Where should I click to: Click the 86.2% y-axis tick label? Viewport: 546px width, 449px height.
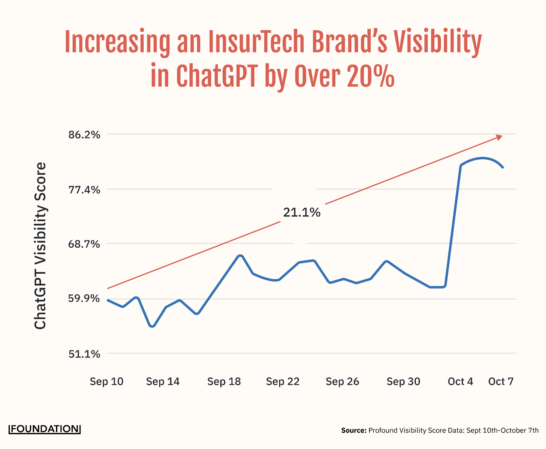(x=84, y=135)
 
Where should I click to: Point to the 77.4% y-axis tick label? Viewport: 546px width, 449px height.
(x=84, y=190)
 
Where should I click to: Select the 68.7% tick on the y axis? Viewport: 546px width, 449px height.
(x=84, y=244)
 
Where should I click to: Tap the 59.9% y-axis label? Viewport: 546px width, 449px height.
(x=84, y=298)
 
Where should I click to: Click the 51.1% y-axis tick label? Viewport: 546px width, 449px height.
(x=84, y=354)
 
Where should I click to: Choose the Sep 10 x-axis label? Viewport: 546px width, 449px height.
(x=107, y=381)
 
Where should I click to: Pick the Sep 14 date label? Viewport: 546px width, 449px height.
(x=163, y=381)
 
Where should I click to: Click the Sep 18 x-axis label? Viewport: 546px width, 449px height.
(x=224, y=381)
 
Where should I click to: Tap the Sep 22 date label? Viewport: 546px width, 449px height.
(x=283, y=381)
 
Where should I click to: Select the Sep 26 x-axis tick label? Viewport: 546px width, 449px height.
(x=342, y=381)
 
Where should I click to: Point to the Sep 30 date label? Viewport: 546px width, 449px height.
(x=403, y=381)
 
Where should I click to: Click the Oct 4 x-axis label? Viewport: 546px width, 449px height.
(x=460, y=381)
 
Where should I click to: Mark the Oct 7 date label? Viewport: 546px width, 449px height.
(x=501, y=381)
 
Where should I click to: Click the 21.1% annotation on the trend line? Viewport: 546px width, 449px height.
(x=302, y=212)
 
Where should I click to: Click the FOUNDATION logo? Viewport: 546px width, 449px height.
(x=45, y=429)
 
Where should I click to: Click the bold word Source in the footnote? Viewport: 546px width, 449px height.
(x=354, y=430)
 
